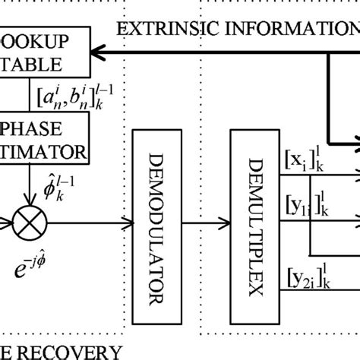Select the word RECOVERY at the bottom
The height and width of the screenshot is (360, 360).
(65, 351)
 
